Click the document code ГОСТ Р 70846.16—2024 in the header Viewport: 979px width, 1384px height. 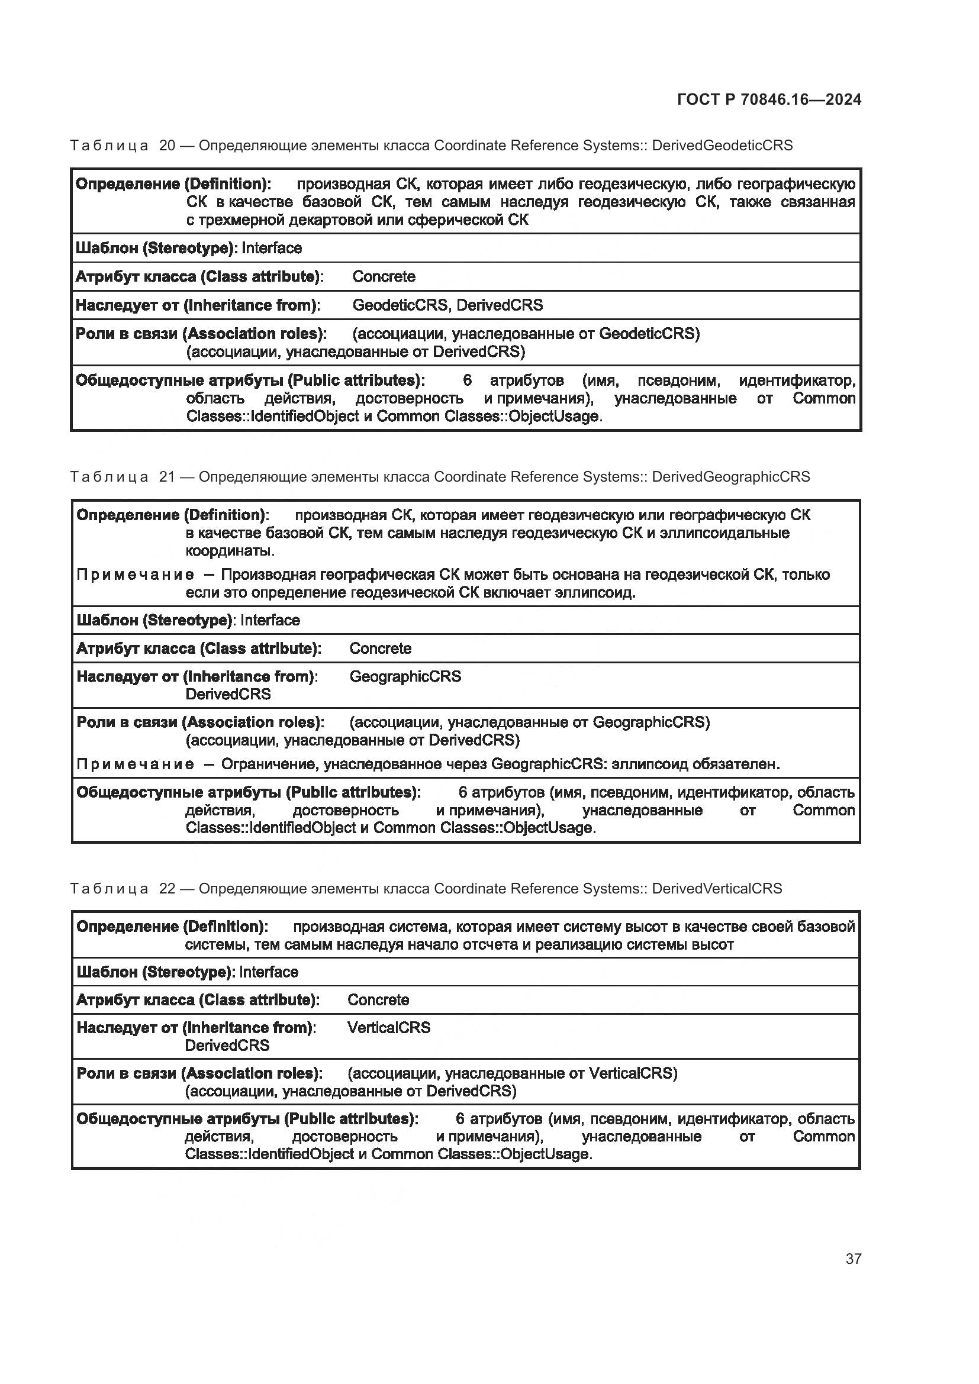click(x=769, y=99)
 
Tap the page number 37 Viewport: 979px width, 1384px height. click(x=853, y=1259)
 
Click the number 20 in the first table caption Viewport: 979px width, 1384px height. click(x=167, y=146)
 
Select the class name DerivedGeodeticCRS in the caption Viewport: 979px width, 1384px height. click(x=722, y=146)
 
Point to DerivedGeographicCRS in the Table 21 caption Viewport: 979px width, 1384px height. click(x=730, y=477)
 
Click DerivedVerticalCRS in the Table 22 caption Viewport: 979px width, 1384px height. click(x=717, y=889)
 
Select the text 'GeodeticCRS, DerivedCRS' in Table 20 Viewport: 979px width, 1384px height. click(x=447, y=305)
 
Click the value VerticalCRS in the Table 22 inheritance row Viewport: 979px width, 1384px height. click(x=389, y=1027)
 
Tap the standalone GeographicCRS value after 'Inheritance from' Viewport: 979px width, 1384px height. click(x=405, y=676)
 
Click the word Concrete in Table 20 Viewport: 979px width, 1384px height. click(x=384, y=277)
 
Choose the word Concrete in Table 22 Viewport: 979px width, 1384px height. click(x=378, y=999)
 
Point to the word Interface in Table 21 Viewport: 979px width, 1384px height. click(x=270, y=620)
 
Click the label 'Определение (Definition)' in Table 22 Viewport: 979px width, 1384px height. click(x=172, y=927)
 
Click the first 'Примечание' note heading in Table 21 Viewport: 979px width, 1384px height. click(x=135, y=575)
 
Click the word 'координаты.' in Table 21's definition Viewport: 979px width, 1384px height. click(x=230, y=551)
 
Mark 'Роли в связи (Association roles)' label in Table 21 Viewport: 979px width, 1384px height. click(x=199, y=722)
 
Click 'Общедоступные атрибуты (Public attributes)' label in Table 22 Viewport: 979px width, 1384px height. click(x=247, y=1119)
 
